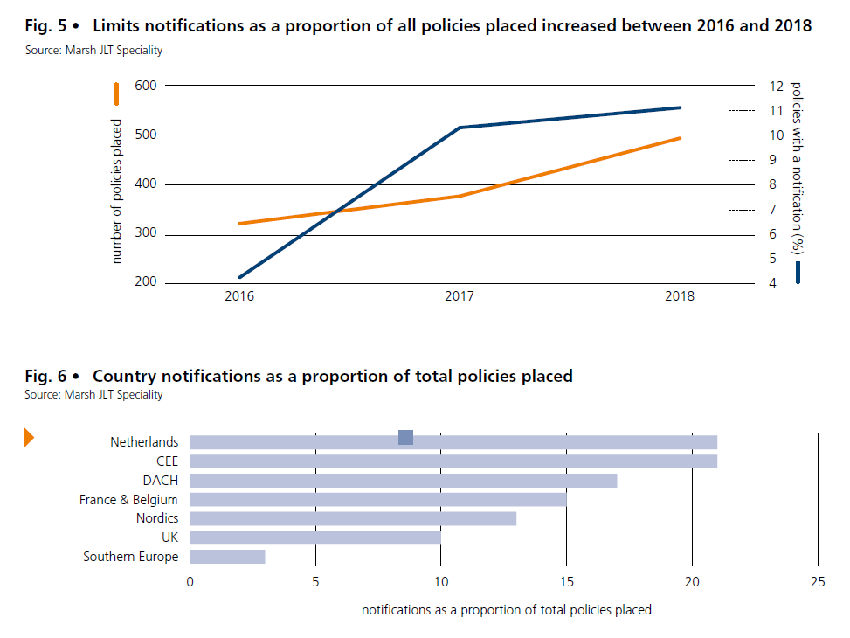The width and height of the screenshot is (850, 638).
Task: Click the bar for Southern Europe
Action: pyautogui.click(x=227, y=557)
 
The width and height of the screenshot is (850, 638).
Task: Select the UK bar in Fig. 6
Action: pyautogui.click(x=315, y=537)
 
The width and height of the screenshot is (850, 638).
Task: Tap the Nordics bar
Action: pyautogui.click(x=353, y=518)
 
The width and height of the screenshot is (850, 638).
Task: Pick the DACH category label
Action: pyautogui.click(x=161, y=481)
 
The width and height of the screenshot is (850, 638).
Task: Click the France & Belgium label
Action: pyautogui.click(x=128, y=500)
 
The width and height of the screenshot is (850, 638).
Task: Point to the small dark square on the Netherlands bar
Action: pyautogui.click(x=405, y=437)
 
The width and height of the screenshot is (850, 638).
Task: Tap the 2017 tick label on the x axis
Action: pyautogui.click(x=460, y=296)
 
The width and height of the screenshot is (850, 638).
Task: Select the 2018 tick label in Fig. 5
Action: pyautogui.click(x=680, y=296)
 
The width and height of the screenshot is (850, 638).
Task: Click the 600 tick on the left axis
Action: pyautogui.click(x=145, y=86)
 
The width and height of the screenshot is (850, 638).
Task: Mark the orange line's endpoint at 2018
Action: pyautogui.click(x=681, y=138)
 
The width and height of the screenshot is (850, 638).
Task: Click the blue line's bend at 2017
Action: pyautogui.click(x=460, y=128)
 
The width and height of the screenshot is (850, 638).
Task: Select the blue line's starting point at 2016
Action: pyautogui.click(x=239, y=277)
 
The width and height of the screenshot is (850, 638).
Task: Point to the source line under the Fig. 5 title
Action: pyautogui.click(x=93, y=50)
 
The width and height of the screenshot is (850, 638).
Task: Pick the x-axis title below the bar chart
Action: pyautogui.click(x=507, y=609)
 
